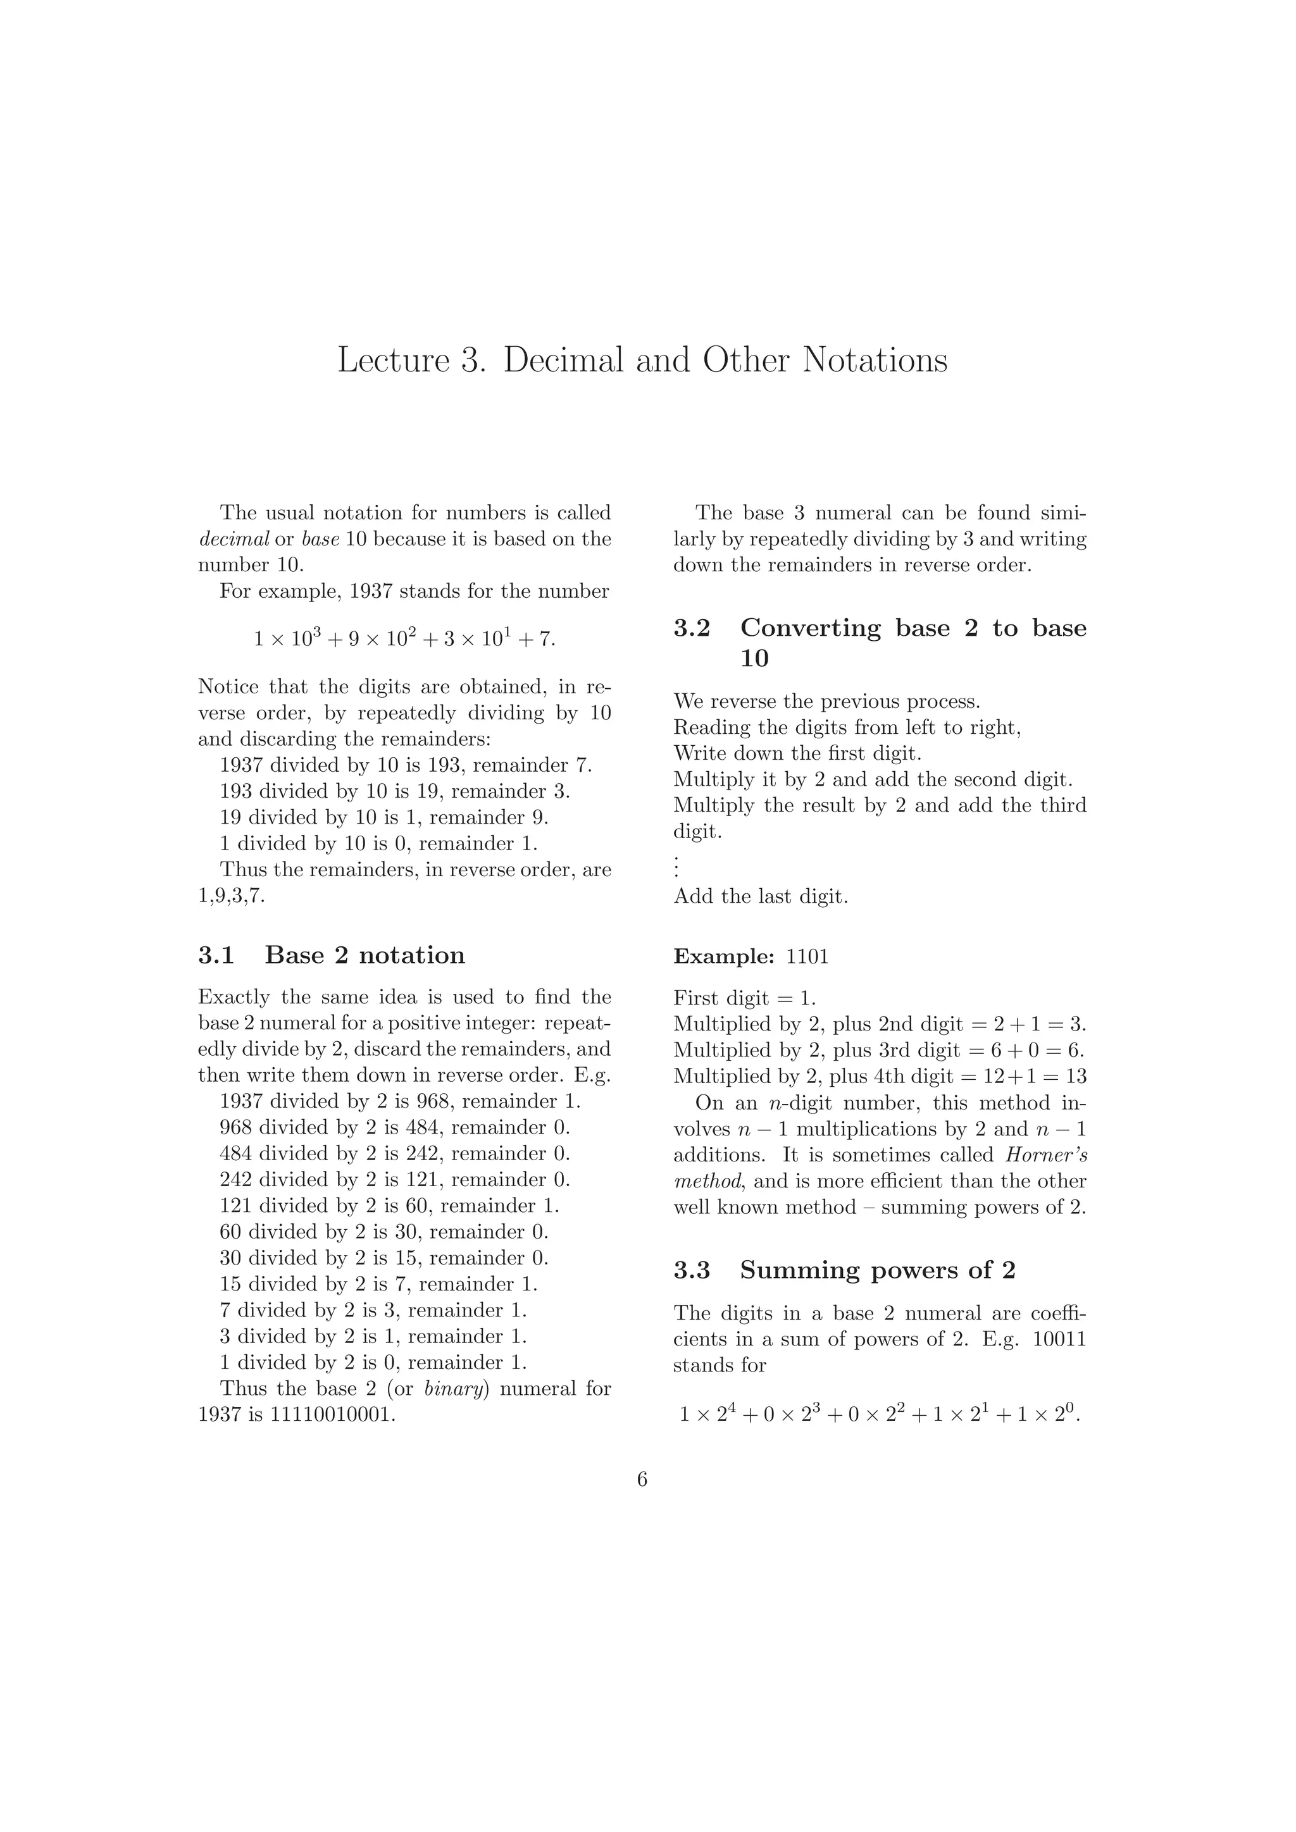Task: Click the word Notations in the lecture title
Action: pos(875,361)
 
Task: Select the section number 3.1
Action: pos(215,955)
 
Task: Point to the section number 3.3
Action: pos(691,1270)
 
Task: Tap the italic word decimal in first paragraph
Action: pos(233,540)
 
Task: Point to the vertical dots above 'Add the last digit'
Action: pos(676,866)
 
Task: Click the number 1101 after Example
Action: pos(807,956)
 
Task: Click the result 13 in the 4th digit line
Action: pos(1076,1077)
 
